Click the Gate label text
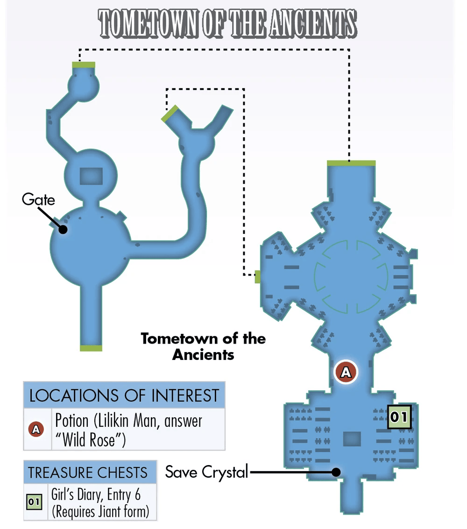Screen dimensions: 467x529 pyautogui.click(x=38, y=199)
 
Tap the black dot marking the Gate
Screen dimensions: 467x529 pyautogui.click(x=63, y=229)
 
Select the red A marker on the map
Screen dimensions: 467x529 pyautogui.click(x=346, y=372)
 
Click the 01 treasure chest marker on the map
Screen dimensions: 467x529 pyautogui.click(x=399, y=416)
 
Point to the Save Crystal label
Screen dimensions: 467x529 pyautogui.click(x=206, y=472)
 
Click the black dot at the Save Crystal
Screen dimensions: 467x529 pyautogui.click(x=336, y=472)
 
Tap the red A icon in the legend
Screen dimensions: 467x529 pyautogui.click(x=36, y=429)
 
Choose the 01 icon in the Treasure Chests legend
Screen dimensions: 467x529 pyautogui.click(x=34, y=501)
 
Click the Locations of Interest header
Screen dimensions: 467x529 pyautogui.click(x=124, y=395)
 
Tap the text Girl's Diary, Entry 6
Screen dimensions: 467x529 pyautogui.click(x=96, y=494)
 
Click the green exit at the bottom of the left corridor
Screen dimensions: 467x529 pyautogui.click(x=91, y=348)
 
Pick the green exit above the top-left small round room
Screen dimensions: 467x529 pyautogui.click(x=84, y=65)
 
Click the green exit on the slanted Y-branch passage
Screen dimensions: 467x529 pyautogui.click(x=170, y=113)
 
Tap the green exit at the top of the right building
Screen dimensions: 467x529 pyautogui.click(x=351, y=163)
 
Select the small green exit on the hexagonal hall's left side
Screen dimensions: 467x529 pyautogui.click(x=257, y=277)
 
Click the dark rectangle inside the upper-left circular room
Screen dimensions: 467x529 pyautogui.click(x=91, y=176)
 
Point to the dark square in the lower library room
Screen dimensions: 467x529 pyautogui.click(x=352, y=439)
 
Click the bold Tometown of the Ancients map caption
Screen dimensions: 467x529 pyautogui.click(x=203, y=346)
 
